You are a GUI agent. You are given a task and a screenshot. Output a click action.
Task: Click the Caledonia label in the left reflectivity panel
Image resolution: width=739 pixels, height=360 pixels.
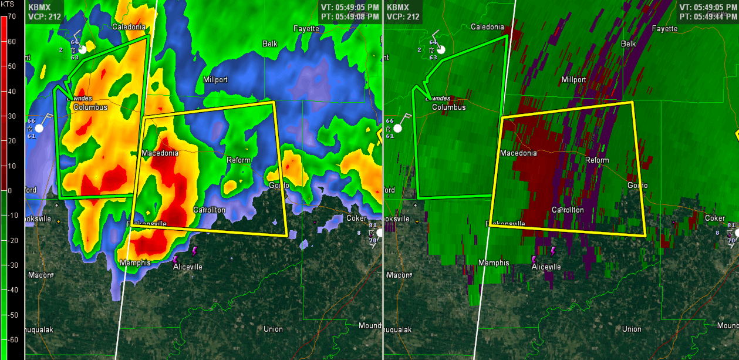pos(129,27)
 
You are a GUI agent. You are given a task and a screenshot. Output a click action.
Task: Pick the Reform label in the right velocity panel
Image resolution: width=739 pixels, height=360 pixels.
pos(597,160)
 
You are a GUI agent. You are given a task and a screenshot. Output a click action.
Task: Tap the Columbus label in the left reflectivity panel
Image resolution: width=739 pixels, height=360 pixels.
pos(90,107)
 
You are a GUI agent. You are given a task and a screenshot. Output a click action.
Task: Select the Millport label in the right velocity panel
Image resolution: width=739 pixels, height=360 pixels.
pos(573,80)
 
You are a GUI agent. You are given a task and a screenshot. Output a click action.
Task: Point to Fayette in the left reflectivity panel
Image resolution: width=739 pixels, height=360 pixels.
pos(305,28)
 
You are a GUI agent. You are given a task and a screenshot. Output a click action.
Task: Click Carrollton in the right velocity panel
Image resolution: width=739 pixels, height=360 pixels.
pos(568,210)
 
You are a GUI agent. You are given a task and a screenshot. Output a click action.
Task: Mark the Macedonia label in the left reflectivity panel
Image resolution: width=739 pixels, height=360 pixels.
pos(160,153)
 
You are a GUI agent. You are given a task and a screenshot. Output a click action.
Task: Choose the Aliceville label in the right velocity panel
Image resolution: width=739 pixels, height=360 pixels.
pos(546,267)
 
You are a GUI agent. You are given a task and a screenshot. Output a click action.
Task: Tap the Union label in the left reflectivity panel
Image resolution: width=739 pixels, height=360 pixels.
pos(273,329)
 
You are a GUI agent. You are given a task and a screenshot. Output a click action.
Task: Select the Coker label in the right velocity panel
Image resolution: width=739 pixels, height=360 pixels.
pos(714,218)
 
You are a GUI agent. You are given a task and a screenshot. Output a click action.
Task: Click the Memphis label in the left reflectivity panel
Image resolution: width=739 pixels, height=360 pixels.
pos(135,263)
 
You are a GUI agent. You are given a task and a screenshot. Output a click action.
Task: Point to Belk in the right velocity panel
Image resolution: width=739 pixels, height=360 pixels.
pos(628,43)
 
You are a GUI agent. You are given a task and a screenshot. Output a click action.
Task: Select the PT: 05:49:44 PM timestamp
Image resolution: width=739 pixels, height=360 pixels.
pos(707,16)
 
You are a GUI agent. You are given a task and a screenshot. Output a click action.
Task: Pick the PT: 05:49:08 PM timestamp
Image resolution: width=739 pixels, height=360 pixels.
pos(350,16)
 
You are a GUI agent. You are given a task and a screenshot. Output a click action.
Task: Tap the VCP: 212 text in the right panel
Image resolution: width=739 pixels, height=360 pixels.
pos(404,16)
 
